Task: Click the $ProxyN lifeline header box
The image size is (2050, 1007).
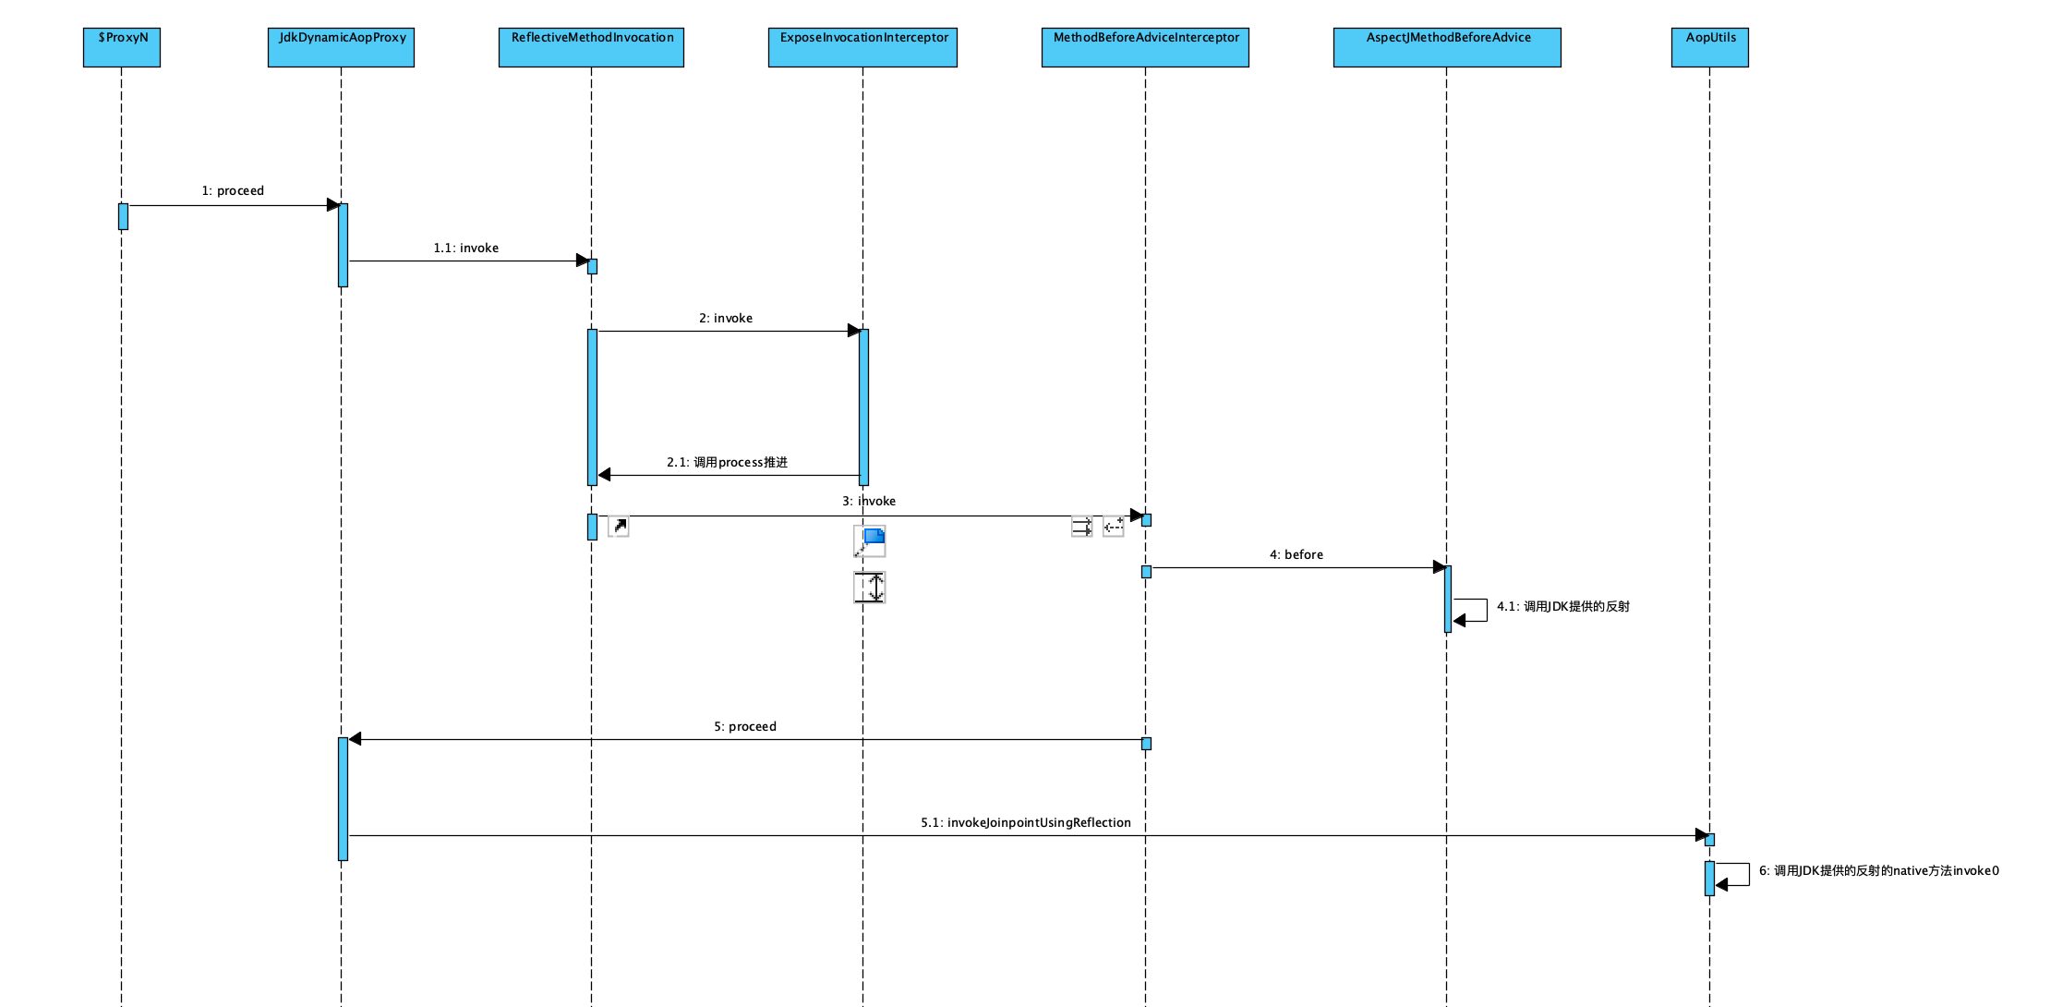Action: tap(122, 47)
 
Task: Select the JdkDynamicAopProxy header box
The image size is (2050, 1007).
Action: tap(341, 47)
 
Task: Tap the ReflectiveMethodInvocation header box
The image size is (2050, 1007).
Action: tap(591, 47)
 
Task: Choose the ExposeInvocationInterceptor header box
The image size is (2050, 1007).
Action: tap(862, 47)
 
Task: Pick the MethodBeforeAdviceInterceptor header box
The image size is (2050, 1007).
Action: tap(1145, 47)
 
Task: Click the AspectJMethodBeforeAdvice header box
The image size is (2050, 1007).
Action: tap(1447, 47)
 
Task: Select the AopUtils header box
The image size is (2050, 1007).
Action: tap(1709, 47)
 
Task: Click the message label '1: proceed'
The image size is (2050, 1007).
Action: tap(233, 191)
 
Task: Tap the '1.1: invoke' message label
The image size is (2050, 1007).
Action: tap(465, 249)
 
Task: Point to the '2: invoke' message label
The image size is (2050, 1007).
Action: tap(725, 319)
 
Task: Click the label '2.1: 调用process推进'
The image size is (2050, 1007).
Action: tap(727, 463)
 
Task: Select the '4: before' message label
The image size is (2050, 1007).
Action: tap(1296, 555)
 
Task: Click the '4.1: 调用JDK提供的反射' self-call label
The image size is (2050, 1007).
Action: tap(1562, 607)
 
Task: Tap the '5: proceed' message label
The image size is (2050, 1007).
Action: tap(744, 727)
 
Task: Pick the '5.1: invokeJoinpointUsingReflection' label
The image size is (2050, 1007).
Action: tap(1025, 823)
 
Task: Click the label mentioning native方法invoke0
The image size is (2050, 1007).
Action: tap(1878, 871)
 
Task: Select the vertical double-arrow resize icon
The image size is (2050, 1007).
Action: tap(870, 588)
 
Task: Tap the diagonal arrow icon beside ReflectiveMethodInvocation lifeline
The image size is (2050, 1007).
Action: tap(619, 527)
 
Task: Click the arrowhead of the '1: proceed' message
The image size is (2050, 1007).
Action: tap(333, 205)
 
